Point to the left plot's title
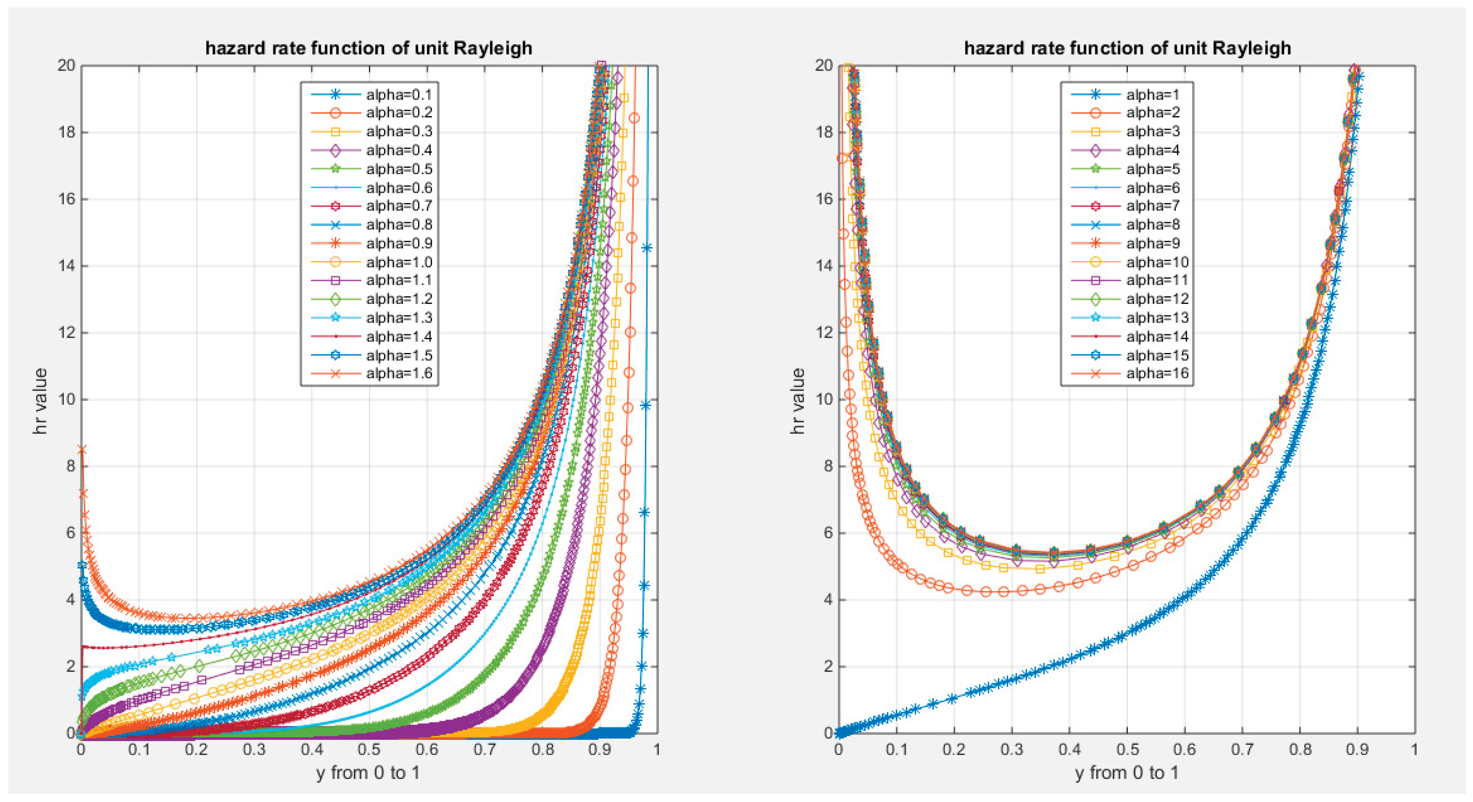369,48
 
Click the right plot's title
1127,48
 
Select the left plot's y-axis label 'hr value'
40,400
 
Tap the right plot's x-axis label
1127,773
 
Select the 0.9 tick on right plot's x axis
1357,749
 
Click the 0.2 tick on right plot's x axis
953,749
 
